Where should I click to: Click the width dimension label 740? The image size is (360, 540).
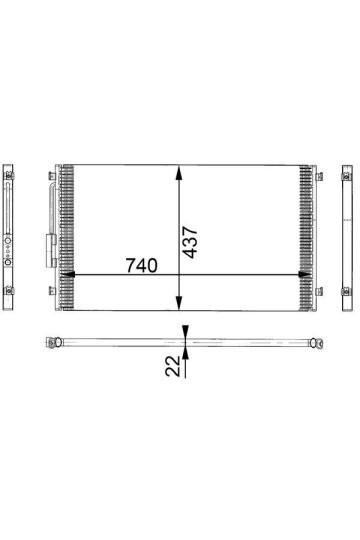click(142, 265)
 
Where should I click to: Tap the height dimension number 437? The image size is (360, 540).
click(190, 242)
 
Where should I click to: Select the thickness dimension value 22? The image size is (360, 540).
click(173, 366)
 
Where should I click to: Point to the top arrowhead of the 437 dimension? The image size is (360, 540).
click(178, 173)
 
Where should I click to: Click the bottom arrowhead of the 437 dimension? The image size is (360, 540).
click(178, 303)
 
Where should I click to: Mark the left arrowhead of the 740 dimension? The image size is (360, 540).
click(67, 274)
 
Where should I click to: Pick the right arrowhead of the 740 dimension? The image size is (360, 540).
click(305, 274)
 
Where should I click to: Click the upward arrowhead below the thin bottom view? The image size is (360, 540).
click(185, 353)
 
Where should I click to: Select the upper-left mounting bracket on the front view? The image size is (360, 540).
click(52, 176)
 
